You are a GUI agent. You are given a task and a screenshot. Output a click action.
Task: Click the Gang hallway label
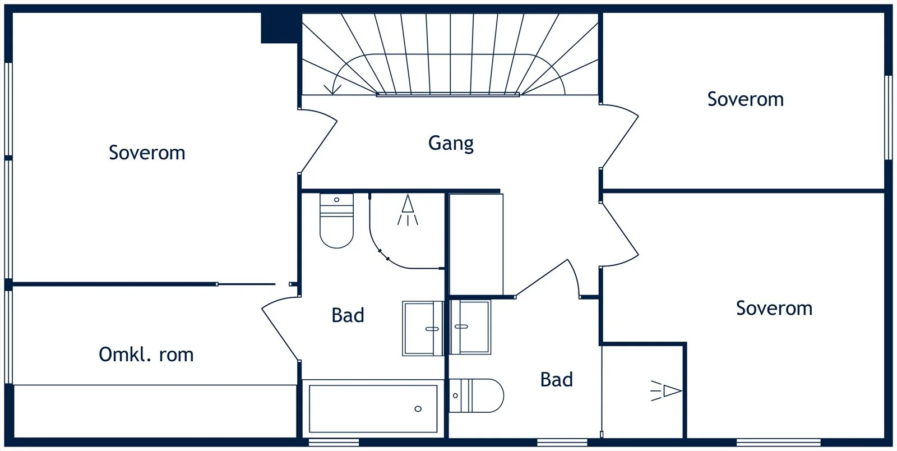tap(451, 144)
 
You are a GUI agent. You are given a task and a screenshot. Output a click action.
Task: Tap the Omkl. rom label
tap(146, 355)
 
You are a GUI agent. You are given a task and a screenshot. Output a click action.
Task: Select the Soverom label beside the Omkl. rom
tap(147, 153)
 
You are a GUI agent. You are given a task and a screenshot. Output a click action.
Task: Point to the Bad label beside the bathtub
tap(348, 315)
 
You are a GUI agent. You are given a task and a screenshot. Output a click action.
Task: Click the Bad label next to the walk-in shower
tap(556, 379)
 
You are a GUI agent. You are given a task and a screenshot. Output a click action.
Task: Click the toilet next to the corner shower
tap(336, 220)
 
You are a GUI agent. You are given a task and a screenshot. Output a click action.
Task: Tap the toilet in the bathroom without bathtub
tap(476, 395)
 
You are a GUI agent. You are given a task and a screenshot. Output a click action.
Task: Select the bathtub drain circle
tap(418, 409)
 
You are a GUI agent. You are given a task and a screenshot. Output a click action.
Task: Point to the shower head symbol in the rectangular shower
tap(666, 390)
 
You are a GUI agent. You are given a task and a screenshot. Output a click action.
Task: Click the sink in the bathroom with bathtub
tap(423, 329)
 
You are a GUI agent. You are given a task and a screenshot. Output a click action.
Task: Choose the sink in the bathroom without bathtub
tap(470, 327)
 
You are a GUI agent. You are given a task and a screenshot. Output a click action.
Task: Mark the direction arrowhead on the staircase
tap(332, 90)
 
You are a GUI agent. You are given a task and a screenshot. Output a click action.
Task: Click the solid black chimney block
tap(281, 27)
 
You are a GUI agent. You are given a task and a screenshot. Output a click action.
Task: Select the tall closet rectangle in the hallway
tap(476, 245)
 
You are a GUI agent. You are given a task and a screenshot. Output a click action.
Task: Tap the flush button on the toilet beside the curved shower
tap(336, 200)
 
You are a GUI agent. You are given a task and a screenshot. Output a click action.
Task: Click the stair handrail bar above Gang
tap(448, 95)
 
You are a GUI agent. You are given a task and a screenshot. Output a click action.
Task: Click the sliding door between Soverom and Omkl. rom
tap(246, 284)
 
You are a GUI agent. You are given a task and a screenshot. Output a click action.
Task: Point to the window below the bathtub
tap(334, 442)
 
